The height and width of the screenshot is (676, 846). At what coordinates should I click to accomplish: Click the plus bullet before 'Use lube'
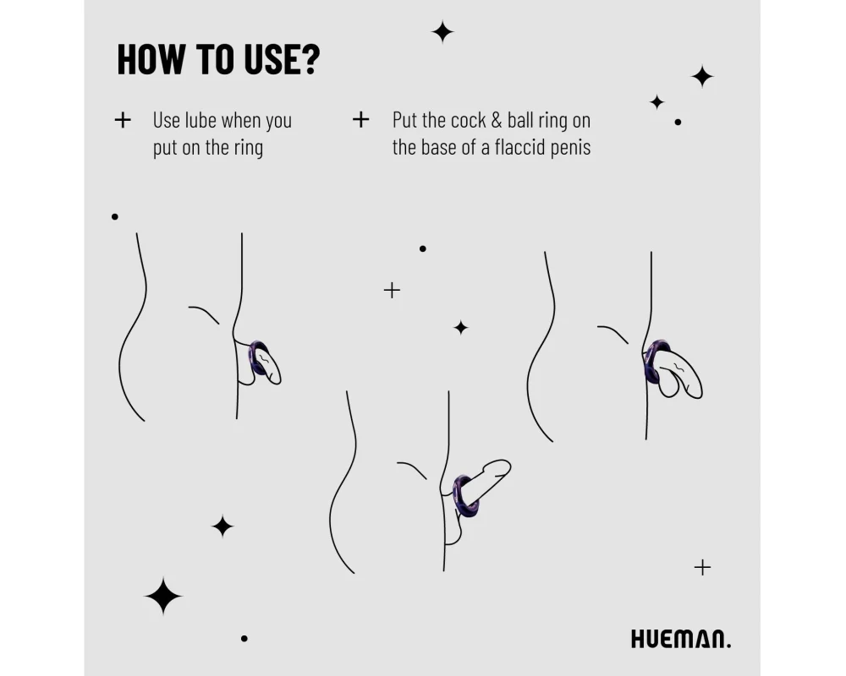(123, 120)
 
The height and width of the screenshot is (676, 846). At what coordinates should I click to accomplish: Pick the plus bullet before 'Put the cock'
(361, 120)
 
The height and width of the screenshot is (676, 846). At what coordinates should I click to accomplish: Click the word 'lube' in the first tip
(201, 120)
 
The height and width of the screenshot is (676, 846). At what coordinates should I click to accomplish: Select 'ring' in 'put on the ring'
(248, 148)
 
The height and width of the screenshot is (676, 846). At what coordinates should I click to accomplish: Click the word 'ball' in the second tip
(520, 120)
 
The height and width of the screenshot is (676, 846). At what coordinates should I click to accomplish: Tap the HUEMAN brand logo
(681, 639)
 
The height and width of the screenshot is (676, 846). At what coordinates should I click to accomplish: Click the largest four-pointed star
(163, 597)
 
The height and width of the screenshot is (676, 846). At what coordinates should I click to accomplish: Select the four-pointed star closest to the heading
(442, 32)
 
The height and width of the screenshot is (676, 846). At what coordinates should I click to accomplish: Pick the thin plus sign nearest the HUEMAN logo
(702, 567)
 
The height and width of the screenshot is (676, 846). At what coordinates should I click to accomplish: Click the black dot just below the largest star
(244, 638)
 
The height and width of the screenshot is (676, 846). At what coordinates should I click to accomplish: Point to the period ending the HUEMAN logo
(729, 646)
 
